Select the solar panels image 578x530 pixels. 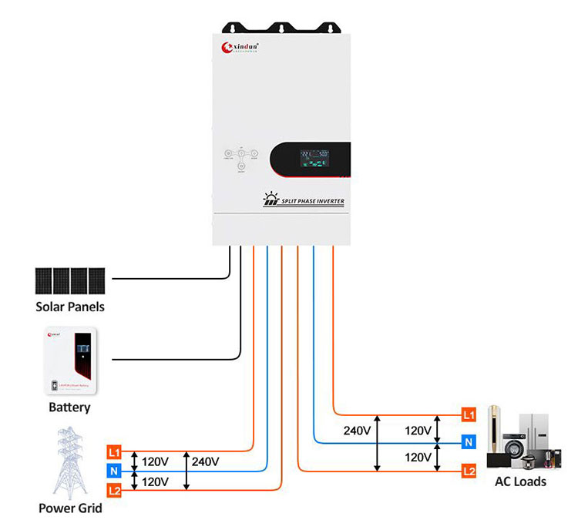pos(69,280)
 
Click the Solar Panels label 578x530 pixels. pos(70,307)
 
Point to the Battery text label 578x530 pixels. pos(69,408)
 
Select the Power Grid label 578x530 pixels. pos(70,508)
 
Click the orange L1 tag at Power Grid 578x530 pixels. pos(114,451)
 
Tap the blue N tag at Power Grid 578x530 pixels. pos(114,471)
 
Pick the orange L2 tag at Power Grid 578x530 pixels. pos(114,490)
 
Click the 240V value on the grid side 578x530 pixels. pos(206,461)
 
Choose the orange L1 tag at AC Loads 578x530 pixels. pos(468,415)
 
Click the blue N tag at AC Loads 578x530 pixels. pos(468,442)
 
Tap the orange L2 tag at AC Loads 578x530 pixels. pos(468,470)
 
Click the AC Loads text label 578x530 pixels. pos(520,481)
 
